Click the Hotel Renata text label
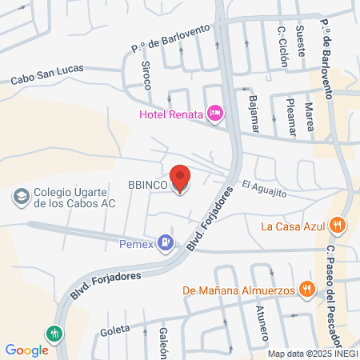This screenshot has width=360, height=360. pos(171,115)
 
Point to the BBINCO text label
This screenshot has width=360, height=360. pos(147,185)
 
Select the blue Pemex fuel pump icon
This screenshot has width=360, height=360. pos(165,241)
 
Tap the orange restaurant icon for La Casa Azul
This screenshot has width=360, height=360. pos(338,226)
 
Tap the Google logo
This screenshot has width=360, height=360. pos(26,350)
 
